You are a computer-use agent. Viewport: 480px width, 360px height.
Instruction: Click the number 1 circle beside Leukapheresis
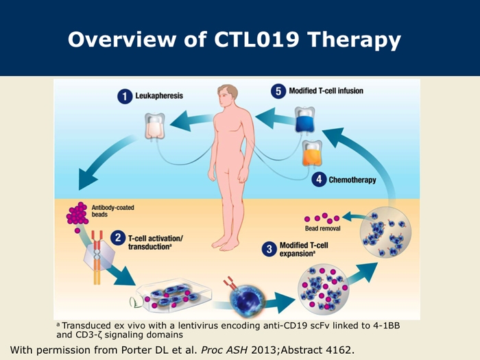125,97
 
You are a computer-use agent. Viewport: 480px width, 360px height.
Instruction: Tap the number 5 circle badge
278,91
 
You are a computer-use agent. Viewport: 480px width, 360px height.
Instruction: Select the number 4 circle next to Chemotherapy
319,180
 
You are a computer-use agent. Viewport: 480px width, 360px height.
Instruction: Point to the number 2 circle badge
118,238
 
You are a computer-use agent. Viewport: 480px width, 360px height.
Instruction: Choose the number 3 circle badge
269,249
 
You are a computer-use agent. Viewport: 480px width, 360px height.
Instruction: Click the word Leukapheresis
159,96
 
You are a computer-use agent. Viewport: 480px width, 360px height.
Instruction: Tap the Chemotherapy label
352,180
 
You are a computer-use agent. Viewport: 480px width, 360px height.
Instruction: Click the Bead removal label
323,228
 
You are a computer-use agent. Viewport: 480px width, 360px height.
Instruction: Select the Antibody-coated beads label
113,211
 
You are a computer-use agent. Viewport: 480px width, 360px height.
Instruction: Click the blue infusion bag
304,120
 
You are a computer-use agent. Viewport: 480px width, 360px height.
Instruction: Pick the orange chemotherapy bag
312,154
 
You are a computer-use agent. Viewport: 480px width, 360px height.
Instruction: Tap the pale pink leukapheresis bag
155,125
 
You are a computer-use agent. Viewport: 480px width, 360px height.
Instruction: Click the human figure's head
228,97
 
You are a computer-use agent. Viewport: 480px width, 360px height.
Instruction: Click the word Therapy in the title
354,40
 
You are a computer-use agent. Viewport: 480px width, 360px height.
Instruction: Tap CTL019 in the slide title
256,39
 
